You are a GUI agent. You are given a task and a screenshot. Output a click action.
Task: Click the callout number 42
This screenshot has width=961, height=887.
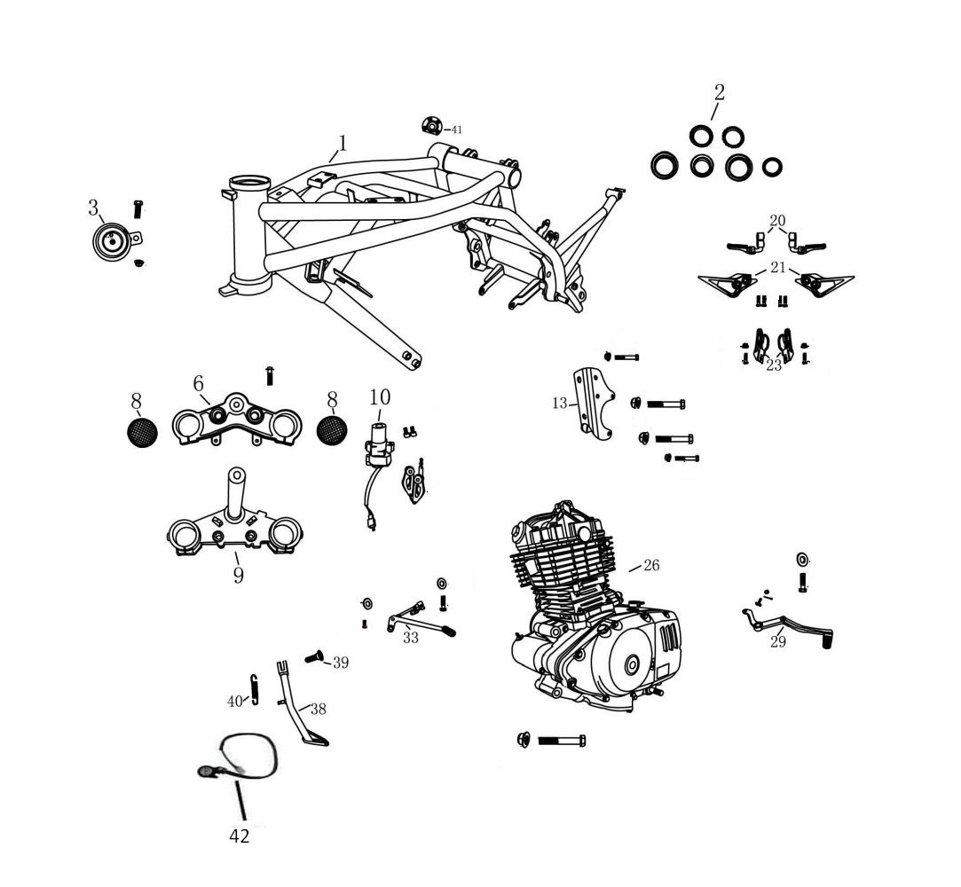pyautogui.click(x=239, y=836)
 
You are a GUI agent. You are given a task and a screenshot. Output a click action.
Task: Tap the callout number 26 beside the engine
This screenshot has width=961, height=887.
pyautogui.click(x=651, y=565)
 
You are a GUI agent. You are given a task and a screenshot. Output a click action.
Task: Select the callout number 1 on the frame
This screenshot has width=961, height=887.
pyautogui.click(x=343, y=143)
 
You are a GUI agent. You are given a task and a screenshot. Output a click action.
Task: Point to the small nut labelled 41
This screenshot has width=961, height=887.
pyautogui.click(x=431, y=126)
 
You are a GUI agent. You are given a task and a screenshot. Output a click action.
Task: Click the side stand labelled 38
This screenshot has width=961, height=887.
pyautogui.click(x=302, y=703)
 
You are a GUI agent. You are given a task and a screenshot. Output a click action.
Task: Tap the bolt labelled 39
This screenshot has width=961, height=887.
pyautogui.click(x=315, y=657)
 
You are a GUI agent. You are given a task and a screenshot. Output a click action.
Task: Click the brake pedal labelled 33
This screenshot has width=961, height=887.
pyautogui.click(x=421, y=620)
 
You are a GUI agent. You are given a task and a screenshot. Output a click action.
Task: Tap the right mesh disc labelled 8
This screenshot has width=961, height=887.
pyautogui.click(x=332, y=430)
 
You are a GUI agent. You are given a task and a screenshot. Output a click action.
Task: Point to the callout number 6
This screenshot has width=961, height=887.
pyautogui.click(x=198, y=383)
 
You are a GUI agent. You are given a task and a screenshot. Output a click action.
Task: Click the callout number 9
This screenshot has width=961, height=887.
pyautogui.click(x=239, y=575)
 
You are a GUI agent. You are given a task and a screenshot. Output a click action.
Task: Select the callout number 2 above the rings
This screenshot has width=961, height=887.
pyautogui.click(x=720, y=92)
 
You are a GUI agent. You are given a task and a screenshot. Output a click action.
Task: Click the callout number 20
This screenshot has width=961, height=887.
pyautogui.click(x=777, y=221)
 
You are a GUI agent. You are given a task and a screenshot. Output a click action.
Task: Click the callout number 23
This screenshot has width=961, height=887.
pyautogui.click(x=774, y=365)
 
